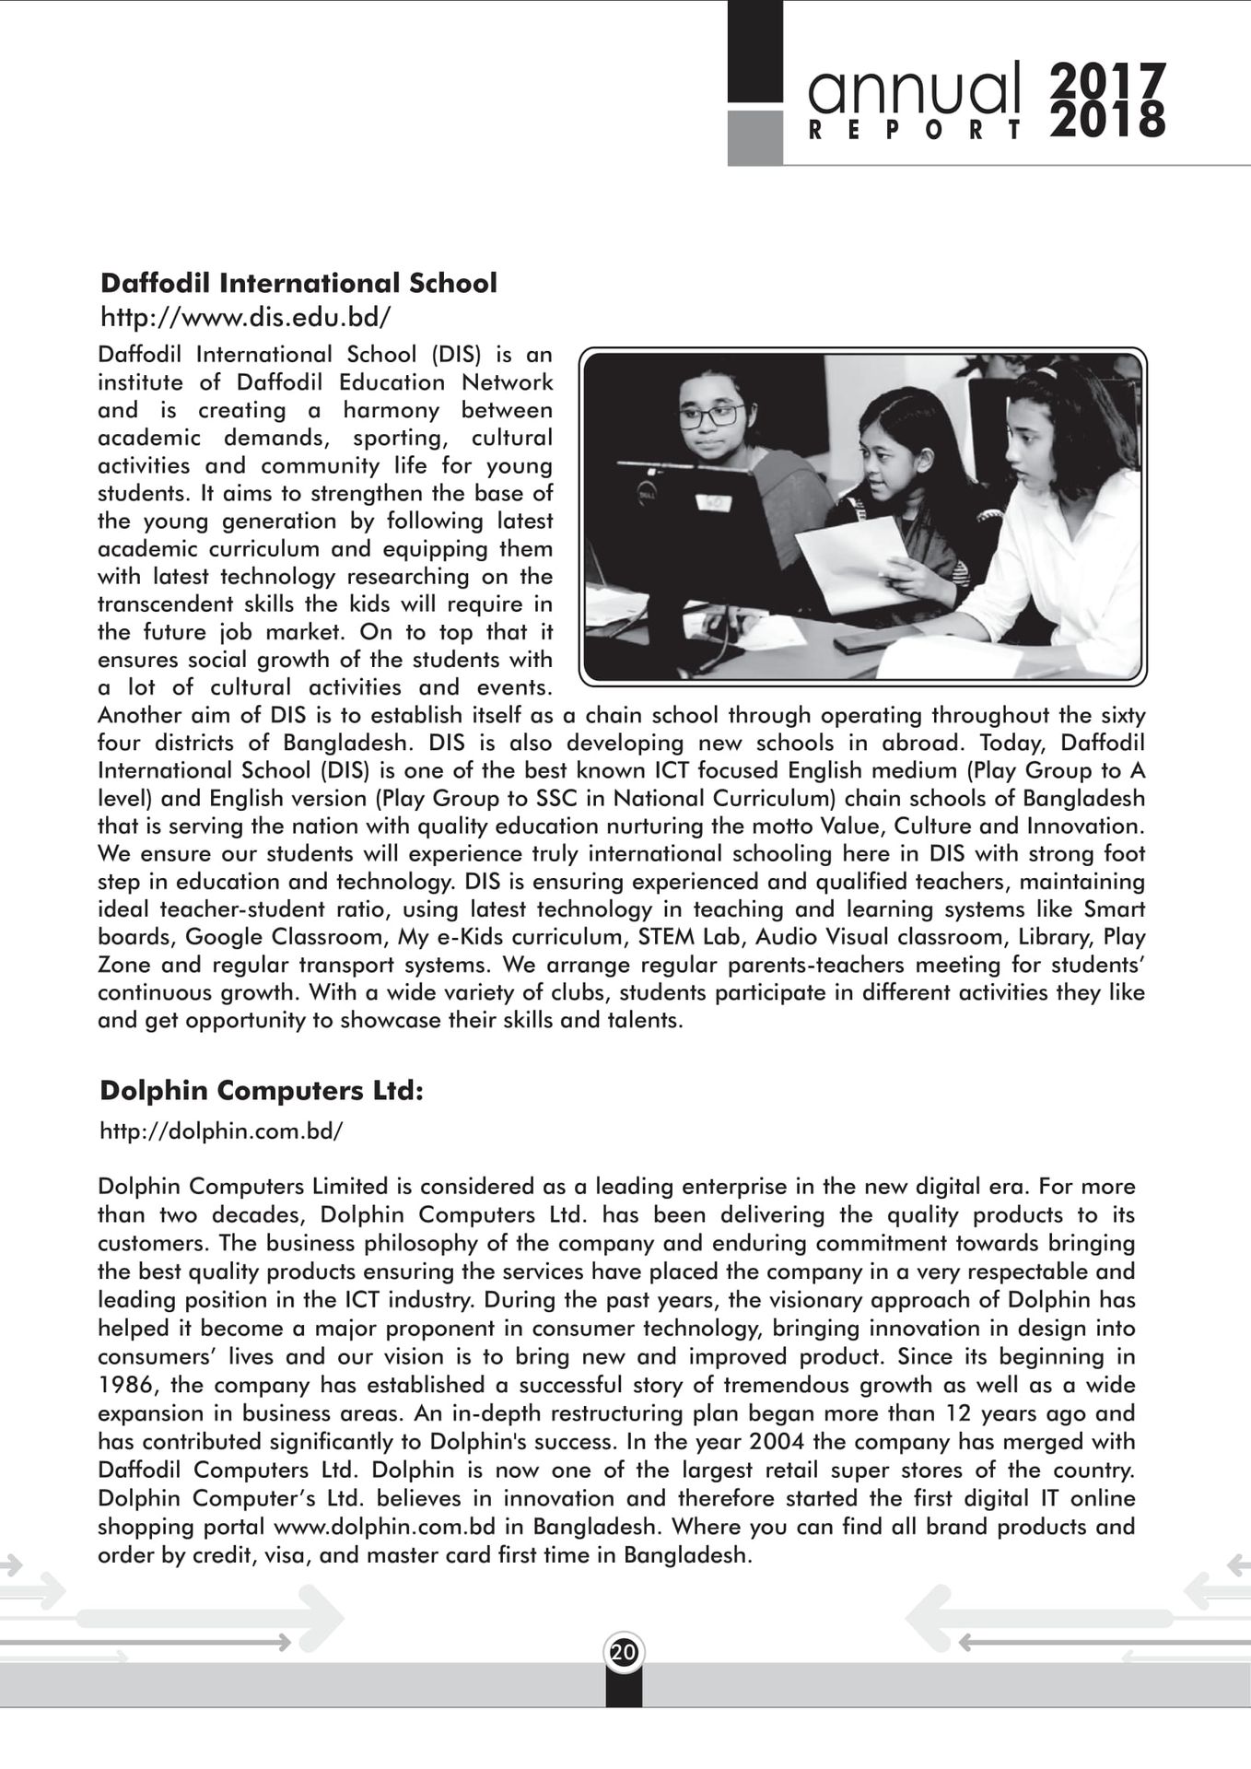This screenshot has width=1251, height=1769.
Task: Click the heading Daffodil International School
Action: (x=298, y=283)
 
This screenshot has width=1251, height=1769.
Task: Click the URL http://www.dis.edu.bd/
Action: (x=245, y=318)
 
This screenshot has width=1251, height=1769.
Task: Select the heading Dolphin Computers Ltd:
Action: (x=262, y=1091)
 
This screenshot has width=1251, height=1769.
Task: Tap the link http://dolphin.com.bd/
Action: (x=221, y=1131)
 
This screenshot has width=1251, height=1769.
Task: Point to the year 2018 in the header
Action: (x=1108, y=121)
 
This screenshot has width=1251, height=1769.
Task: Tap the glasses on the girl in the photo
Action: (x=710, y=416)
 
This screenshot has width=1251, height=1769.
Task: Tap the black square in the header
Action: (x=755, y=52)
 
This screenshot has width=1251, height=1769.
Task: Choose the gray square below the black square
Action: (x=755, y=138)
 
